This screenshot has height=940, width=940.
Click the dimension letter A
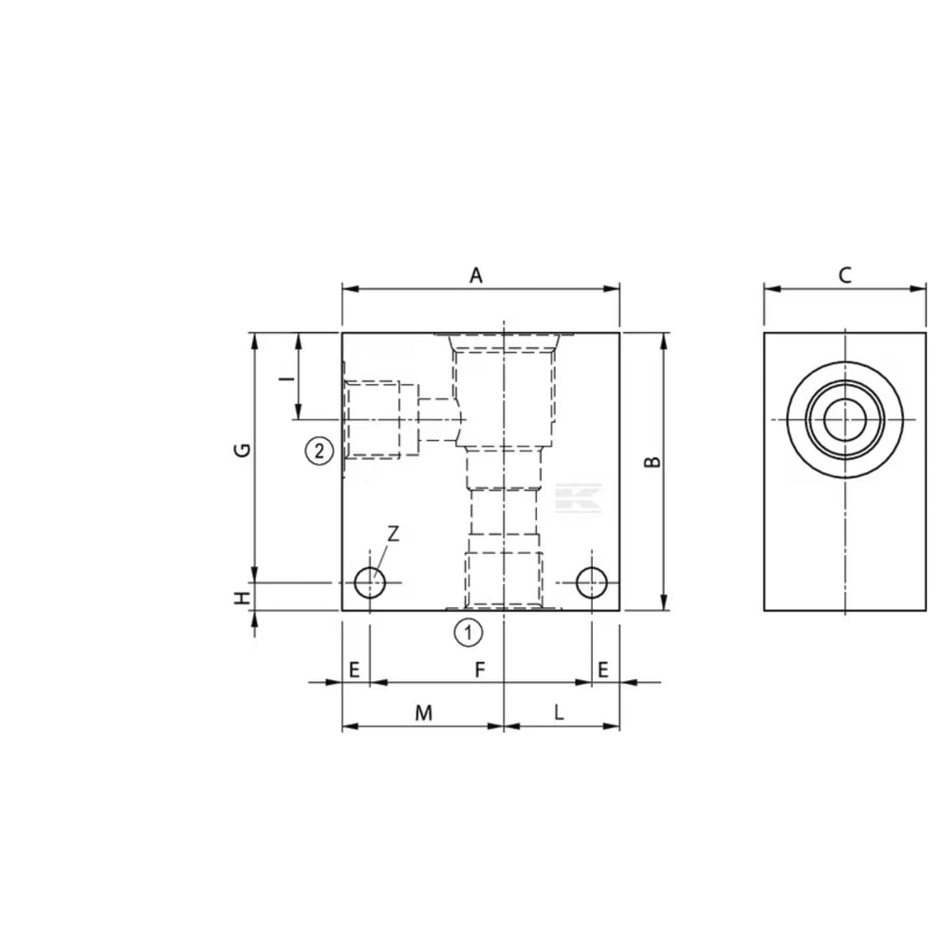(x=475, y=276)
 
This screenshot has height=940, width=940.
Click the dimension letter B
(x=653, y=462)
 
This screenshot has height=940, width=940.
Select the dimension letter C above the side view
(x=845, y=276)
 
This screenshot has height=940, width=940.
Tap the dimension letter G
(x=242, y=450)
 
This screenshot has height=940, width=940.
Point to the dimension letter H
(x=242, y=598)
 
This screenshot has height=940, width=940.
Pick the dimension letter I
(x=288, y=378)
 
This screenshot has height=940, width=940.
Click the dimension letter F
(x=480, y=670)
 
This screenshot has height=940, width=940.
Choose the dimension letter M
(x=424, y=712)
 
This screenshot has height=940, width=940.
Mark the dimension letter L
(x=559, y=712)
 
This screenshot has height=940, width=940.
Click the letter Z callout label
(x=394, y=533)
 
